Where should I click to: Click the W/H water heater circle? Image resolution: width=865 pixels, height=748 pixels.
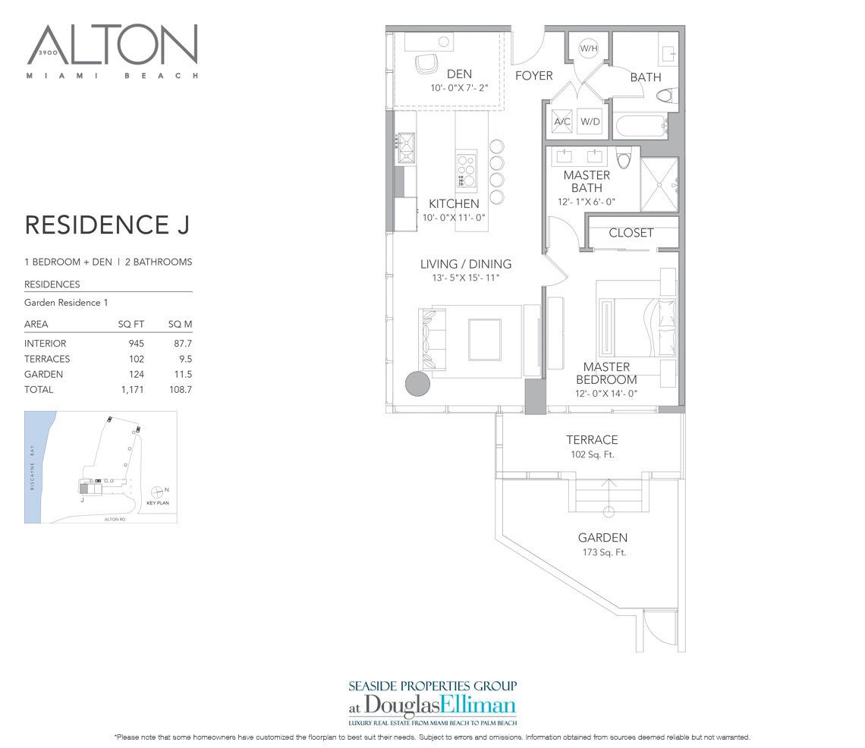[x=589, y=49]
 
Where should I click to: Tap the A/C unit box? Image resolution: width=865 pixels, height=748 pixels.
[x=562, y=121]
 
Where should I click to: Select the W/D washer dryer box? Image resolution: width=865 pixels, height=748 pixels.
[x=590, y=121]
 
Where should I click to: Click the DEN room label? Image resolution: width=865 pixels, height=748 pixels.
[x=459, y=74]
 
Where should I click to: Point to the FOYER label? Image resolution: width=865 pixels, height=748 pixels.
[x=534, y=76]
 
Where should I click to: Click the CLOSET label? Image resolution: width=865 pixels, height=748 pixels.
[x=631, y=233]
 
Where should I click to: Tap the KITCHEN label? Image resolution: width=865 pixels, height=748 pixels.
[x=454, y=203]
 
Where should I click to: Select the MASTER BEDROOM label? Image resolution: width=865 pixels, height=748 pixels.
[x=606, y=373]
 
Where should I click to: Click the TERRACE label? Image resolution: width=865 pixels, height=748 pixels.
[x=592, y=439]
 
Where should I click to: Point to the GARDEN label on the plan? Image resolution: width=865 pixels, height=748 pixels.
[x=602, y=538]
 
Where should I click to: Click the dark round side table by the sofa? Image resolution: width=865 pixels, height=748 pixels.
[x=417, y=383]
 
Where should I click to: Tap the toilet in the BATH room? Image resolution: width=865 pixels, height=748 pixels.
[x=665, y=96]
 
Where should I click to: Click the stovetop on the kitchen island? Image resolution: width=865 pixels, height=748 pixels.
[x=466, y=170]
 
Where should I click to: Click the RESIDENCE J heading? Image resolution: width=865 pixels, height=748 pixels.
[x=106, y=225]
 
